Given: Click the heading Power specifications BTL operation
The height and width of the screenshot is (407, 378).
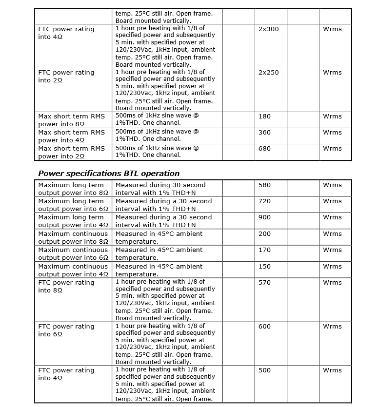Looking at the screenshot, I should coord(109,173).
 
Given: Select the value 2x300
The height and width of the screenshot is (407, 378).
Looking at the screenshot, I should coord(268,29).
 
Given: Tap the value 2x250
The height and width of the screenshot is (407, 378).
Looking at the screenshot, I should coord(268,73).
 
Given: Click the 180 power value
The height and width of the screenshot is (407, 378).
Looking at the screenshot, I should coord(264,116).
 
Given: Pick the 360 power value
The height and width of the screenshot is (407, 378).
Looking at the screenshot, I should coord(264,133).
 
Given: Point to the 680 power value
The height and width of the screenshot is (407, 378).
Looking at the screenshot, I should coord(264,149).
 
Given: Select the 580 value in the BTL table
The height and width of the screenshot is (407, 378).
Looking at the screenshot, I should coord(264,185).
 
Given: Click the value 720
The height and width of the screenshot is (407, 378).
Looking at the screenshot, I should coord(264,201).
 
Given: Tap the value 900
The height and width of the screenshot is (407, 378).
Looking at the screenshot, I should coord(264,217).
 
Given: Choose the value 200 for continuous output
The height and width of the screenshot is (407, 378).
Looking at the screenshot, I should coord(264,234).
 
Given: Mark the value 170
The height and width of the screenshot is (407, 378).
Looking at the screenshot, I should coord(264,250).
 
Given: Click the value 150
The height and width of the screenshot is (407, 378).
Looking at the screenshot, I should coord(264,267).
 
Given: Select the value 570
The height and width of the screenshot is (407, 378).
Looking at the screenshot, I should coord(264,283).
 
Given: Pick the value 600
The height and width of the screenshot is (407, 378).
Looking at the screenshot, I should coord(264,327).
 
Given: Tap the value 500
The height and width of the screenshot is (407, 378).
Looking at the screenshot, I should coord(264,370).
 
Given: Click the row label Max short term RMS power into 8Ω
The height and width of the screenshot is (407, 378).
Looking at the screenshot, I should coord(72,120).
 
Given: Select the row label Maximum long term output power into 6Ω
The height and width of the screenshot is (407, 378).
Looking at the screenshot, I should coord(73,205).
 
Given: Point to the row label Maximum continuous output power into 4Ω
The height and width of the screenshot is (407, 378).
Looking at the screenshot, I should coord(73,270).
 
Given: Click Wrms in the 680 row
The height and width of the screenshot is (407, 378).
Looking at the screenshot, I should coord(332,149).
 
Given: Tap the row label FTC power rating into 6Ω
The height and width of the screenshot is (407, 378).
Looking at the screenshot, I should coord(66,330).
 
